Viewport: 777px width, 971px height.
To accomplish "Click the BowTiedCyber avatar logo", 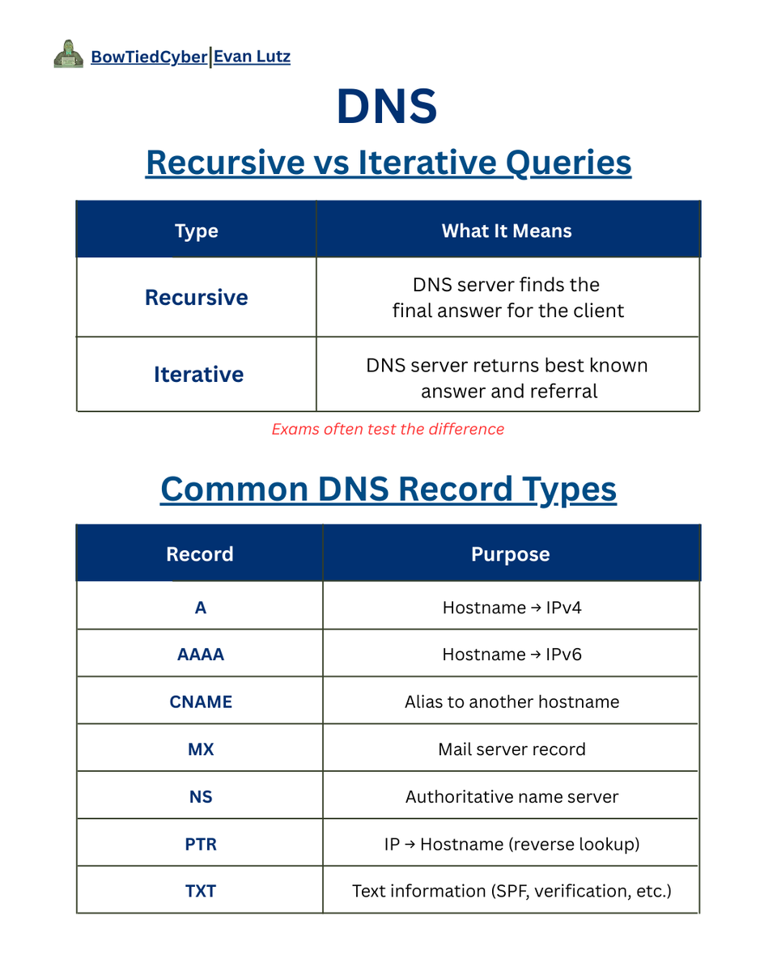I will [68, 56].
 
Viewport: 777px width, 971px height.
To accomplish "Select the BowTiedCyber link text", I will [149, 57].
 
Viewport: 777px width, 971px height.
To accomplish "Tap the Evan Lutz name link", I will [252, 57].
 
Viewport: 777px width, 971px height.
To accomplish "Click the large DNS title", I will [388, 107].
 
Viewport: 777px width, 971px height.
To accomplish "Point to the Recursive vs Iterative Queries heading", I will [388, 163].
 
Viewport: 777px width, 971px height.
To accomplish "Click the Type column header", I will [197, 231].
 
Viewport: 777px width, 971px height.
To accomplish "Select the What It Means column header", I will [507, 231].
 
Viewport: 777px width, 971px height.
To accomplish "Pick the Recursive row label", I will [197, 297].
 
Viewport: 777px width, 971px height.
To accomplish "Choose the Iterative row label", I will [198, 375].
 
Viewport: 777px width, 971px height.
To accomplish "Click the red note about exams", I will [388, 429].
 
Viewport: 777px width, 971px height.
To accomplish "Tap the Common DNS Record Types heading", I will [388, 490].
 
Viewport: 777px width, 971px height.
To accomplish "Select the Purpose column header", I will [510, 554].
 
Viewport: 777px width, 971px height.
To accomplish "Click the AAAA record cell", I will [200, 655].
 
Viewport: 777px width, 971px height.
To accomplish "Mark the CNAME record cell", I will [200, 702].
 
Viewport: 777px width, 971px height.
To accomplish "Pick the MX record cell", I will [200, 749].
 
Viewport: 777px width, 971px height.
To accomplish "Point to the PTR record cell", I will [200, 844].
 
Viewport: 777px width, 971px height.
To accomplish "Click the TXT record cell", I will [200, 891].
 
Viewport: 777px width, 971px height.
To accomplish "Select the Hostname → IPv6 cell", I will [512, 655].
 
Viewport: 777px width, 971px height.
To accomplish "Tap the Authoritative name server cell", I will [512, 797].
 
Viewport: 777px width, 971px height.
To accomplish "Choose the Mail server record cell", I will [512, 749].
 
